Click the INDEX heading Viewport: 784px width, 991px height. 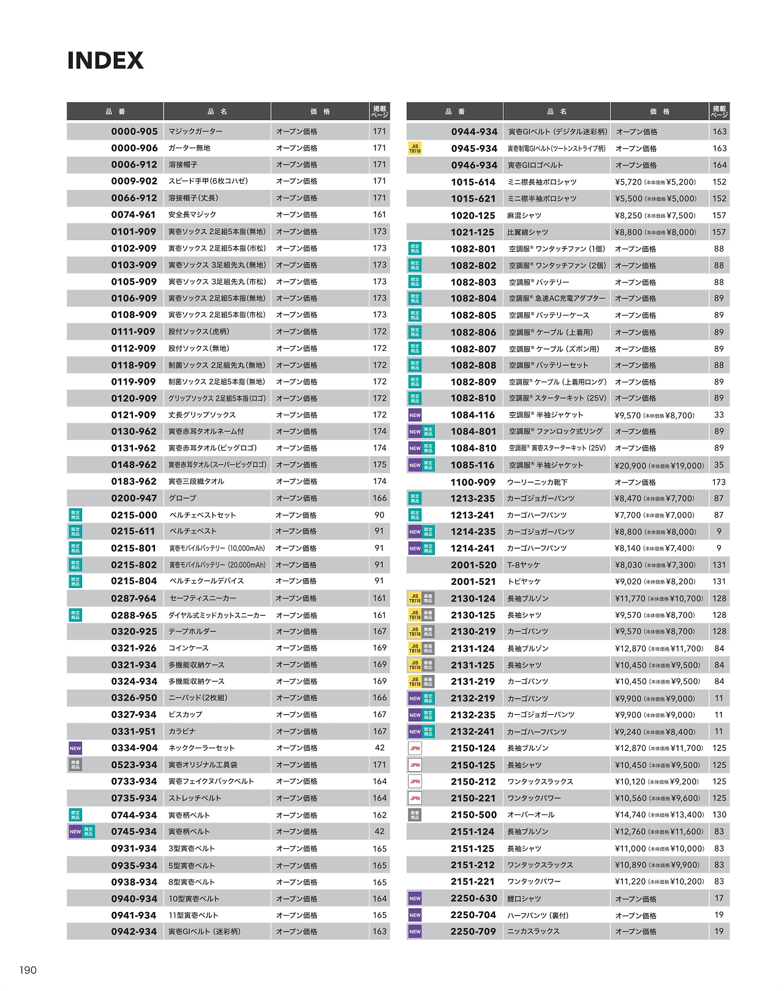pos(105,61)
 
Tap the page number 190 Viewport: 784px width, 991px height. pos(28,970)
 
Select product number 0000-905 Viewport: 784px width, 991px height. pos(134,131)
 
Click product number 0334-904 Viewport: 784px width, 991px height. pos(134,748)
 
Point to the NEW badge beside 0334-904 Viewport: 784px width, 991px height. pos(75,748)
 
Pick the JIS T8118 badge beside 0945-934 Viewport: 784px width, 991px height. pos(415,149)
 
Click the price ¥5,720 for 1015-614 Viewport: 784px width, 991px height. pos(628,182)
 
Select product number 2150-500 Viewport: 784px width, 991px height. pos(473,815)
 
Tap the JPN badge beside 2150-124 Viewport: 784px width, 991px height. pos(415,748)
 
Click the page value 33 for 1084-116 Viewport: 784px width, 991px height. pos(719,415)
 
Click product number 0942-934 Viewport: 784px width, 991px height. pos(134,932)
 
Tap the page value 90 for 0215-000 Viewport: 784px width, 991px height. pos(380,515)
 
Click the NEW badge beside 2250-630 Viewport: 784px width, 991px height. pos(415,899)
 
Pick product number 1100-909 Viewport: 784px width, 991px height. pos(473,482)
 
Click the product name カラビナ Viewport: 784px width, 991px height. pos(182,731)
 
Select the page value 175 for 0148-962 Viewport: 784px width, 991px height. pos(380,465)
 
